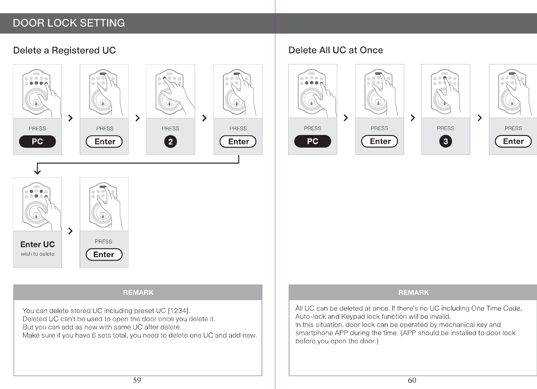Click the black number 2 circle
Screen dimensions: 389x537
[x=171, y=142]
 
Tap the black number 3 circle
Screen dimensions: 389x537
[x=445, y=141]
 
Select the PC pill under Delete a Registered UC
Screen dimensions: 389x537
[x=37, y=142]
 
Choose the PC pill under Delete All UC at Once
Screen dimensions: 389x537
[x=312, y=141]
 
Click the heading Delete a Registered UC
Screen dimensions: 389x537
[x=64, y=51]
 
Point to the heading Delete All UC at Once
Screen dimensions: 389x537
[x=335, y=50]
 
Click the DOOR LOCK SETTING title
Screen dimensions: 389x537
[x=69, y=23]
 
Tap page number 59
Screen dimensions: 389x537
[x=137, y=381]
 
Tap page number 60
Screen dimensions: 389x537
[x=412, y=381]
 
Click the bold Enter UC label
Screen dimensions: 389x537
[x=37, y=245]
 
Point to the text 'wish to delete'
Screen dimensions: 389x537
[x=37, y=254]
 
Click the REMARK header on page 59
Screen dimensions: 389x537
[x=138, y=293]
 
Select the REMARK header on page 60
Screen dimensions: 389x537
[x=413, y=293]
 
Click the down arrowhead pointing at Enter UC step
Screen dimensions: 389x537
[x=37, y=171]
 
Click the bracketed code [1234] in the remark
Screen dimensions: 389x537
[x=179, y=311]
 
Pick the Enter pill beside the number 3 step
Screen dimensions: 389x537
[x=513, y=141]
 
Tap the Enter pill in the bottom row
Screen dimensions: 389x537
[x=104, y=255]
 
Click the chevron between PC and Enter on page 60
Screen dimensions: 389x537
[x=346, y=118]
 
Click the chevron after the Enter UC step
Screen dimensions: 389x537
[x=71, y=231]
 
